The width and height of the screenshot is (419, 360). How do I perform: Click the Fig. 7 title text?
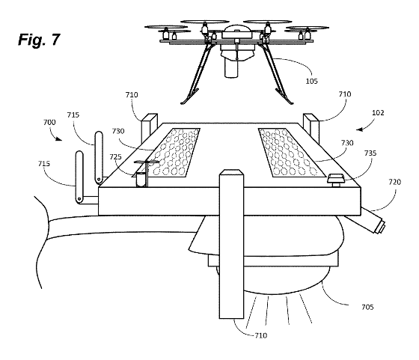pyautogui.click(x=39, y=40)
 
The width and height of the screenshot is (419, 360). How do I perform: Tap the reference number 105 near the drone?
pyautogui.click(x=311, y=81)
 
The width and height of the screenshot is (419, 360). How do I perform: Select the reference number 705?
pyautogui.click(x=367, y=308)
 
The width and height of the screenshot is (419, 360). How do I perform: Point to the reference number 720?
pyautogui.click(x=395, y=183)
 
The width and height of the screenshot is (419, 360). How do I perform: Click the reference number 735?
pyautogui.click(x=370, y=153)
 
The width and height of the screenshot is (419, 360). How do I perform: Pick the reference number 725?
pyautogui.click(x=115, y=157)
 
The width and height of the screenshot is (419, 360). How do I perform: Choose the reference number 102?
pyautogui.click(x=378, y=113)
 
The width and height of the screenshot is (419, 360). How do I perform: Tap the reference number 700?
pyautogui.click(x=49, y=123)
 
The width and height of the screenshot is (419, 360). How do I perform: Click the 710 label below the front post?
pyautogui.click(x=261, y=335)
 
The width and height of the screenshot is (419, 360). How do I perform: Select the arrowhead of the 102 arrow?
pyautogui.click(x=358, y=129)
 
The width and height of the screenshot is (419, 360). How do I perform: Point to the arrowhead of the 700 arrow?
pyautogui.click(x=60, y=138)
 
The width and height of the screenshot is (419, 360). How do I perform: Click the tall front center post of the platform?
pyautogui.click(x=231, y=244)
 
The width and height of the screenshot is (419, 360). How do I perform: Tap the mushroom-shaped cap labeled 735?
pyautogui.click(x=336, y=179)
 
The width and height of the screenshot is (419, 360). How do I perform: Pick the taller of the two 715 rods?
pyautogui.click(x=99, y=158)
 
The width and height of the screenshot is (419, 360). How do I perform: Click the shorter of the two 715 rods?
pyautogui.click(x=79, y=177)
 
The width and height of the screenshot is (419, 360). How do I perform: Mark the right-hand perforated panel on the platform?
pyautogui.click(x=290, y=153)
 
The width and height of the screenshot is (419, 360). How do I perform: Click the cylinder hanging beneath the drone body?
pyautogui.click(x=231, y=68)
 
